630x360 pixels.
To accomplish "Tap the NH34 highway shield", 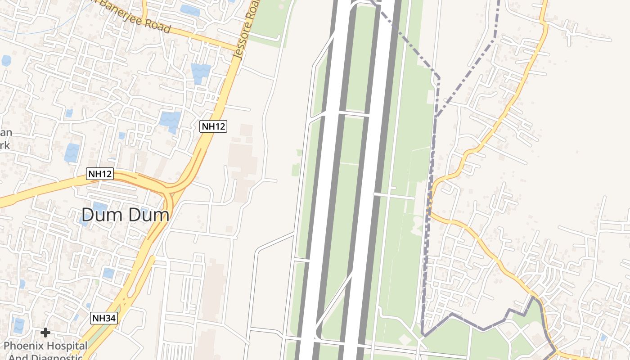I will point(104,318).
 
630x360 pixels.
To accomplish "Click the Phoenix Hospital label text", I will point(45,346).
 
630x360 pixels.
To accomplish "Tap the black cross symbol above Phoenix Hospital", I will point(45,333).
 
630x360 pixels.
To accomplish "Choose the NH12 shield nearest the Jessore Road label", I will point(213,126).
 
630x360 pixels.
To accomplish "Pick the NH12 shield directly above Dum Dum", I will point(99,174).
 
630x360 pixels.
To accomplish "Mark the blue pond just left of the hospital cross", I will point(18,325).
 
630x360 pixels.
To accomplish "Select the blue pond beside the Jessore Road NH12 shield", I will point(170,120).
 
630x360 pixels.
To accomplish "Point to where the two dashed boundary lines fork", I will point(435,117).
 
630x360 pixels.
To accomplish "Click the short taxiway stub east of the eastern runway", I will point(394,196).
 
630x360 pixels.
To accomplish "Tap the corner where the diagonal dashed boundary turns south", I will point(438,76).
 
